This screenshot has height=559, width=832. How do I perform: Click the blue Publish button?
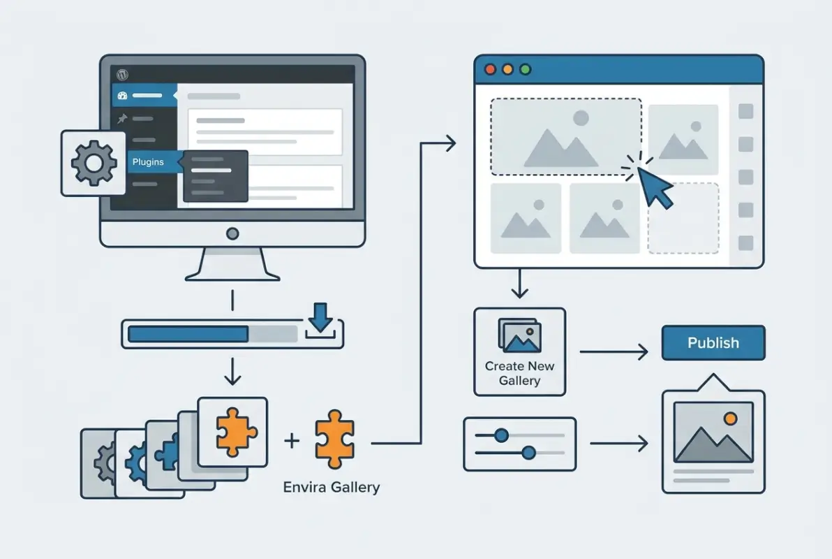(x=713, y=342)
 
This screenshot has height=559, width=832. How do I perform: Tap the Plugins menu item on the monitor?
(x=148, y=162)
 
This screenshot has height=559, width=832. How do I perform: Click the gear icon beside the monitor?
(x=94, y=163)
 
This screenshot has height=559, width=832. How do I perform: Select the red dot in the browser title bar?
(x=489, y=70)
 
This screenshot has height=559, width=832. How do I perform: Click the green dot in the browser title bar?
(x=526, y=70)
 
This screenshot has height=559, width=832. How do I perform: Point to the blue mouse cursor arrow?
(x=655, y=187)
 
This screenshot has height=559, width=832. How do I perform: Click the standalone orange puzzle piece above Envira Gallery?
(x=334, y=439)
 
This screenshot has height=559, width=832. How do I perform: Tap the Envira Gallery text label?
(x=331, y=487)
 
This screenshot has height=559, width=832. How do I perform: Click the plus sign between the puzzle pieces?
(x=292, y=440)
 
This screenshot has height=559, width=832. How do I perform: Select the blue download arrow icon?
(x=320, y=317)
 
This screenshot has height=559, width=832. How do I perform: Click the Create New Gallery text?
(x=519, y=373)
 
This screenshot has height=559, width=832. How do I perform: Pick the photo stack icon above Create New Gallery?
(x=519, y=335)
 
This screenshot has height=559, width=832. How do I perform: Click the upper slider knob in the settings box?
(x=500, y=435)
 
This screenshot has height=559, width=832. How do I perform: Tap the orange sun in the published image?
(x=730, y=419)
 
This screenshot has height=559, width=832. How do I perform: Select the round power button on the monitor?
(x=232, y=233)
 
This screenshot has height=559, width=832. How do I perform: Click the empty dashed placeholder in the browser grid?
(x=683, y=218)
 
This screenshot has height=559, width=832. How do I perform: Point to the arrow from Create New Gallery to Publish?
(x=614, y=351)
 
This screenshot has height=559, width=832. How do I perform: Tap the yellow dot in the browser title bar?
(x=507, y=70)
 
